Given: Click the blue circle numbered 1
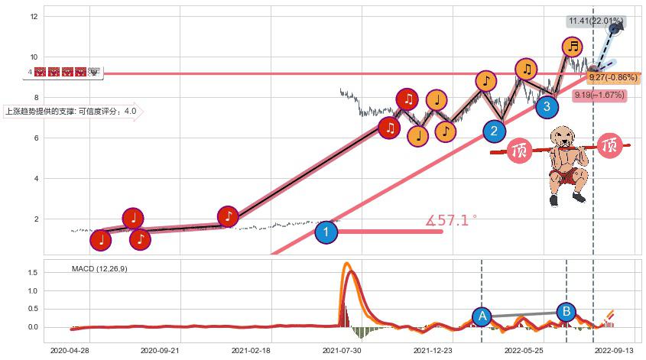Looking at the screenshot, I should click(326, 232).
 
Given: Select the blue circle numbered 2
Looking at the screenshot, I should click(494, 131).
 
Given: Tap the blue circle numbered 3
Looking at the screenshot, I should click(547, 106).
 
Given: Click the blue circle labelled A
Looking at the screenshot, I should click(482, 316).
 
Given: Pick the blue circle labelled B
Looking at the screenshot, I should click(566, 311).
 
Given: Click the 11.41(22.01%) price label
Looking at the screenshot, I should click(595, 21).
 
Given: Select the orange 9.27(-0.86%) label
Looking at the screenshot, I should click(613, 77).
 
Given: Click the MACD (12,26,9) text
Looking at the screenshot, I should click(100, 269).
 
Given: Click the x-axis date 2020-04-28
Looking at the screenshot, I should click(70, 350).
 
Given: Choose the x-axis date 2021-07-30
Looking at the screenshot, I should click(342, 350).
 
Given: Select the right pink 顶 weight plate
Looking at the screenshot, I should click(609, 144).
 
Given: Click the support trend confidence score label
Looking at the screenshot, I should click(71, 112).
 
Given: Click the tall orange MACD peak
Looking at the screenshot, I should click(346, 265).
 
